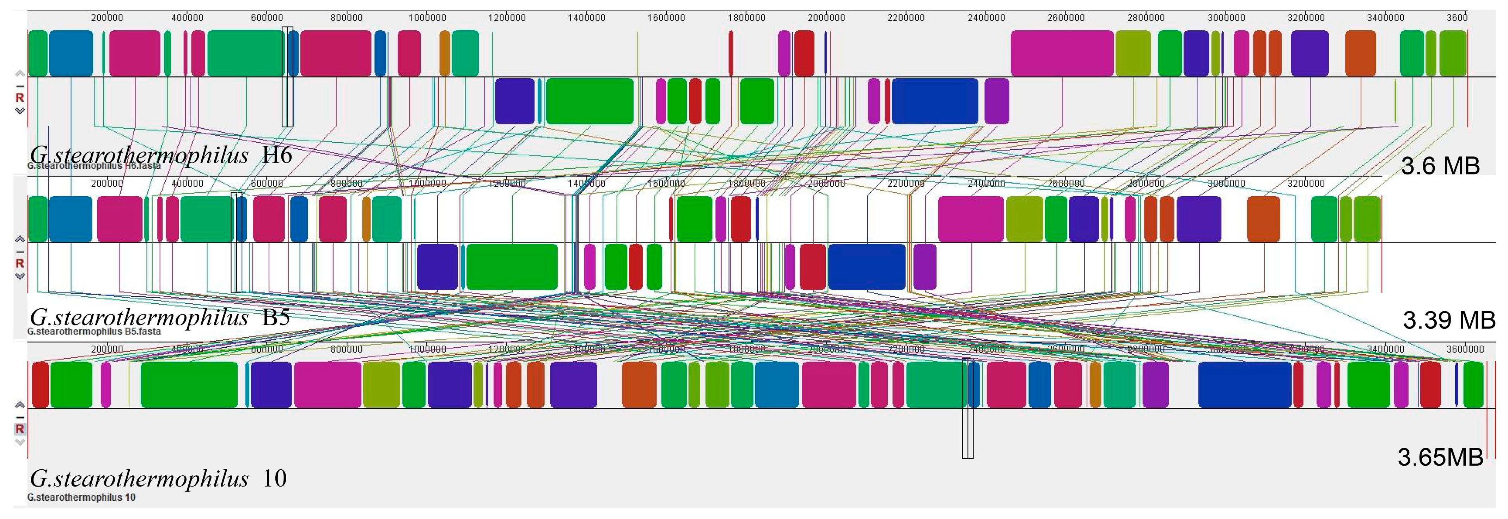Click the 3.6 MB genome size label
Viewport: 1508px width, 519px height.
[1440, 166]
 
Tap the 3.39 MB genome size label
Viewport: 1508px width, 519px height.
[1448, 320]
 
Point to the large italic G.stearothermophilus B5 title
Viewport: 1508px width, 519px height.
[160, 317]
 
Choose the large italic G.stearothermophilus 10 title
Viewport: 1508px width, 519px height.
[158, 478]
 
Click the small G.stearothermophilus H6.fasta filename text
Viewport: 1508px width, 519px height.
[94, 166]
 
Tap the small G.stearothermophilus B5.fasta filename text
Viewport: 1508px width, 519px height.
[94, 331]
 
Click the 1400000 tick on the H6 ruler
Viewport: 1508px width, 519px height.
[587, 18]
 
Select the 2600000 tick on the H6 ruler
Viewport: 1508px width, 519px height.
[1066, 18]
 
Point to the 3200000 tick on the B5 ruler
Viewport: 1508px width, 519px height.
[1306, 183]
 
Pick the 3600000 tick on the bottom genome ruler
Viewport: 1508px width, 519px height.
[1465, 349]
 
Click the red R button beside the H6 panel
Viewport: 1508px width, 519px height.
[20, 98]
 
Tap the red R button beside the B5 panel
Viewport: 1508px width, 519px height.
[20, 263]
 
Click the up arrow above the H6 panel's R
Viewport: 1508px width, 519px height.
[20, 73]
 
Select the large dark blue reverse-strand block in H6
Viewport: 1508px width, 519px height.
[934, 101]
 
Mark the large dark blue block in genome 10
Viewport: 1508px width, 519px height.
[1245, 384]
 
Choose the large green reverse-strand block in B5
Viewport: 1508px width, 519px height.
[512, 267]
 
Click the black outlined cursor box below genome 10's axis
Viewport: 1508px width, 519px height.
[968, 433]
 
